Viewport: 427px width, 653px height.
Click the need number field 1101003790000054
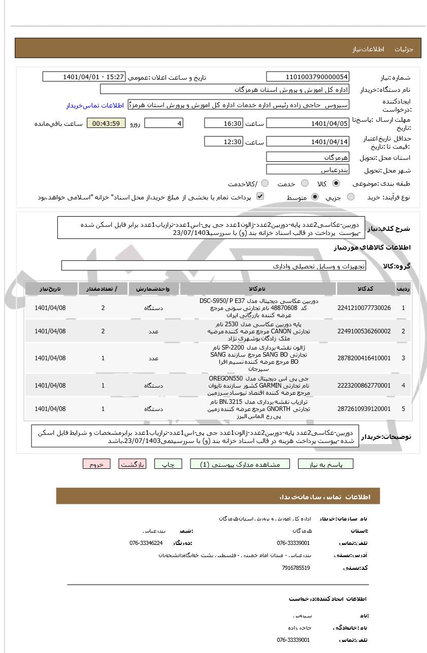point(308,77)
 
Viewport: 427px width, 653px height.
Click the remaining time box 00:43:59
point(106,123)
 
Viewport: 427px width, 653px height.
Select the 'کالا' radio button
point(336,183)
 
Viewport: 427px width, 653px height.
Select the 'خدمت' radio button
point(305,183)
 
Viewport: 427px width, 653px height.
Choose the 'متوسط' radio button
point(315,197)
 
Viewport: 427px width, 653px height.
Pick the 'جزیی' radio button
point(351,197)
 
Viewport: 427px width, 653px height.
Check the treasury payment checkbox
point(260,196)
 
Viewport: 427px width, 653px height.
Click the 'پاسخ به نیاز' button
point(325,464)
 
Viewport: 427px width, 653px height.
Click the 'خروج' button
point(96,464)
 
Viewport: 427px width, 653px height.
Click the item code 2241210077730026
point(364,308)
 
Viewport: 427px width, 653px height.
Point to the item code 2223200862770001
point(364,386)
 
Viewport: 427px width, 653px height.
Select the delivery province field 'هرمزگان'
point(308,157)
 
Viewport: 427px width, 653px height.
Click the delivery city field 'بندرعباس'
point(308,169)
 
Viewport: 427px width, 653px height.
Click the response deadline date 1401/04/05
point(308,123)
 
